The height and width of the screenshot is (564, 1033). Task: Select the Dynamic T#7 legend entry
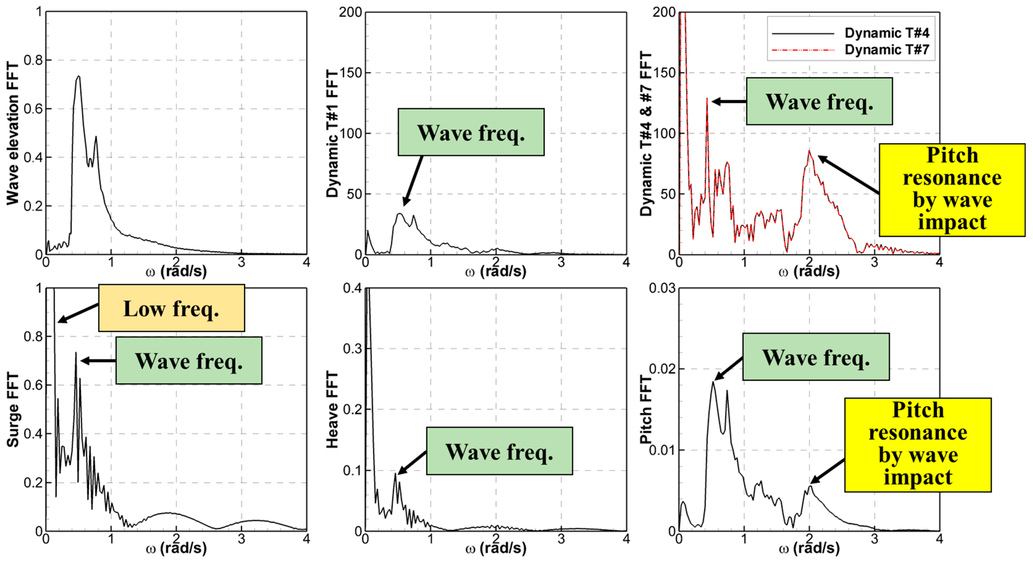pyautogui.click(x=886, y=50)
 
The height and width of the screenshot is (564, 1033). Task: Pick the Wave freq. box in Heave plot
pyautogui.click(x=499, y=451)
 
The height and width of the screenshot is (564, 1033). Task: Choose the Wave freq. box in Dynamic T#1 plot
pyautogui.click(x=471, y=132)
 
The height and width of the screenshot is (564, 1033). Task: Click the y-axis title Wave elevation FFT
pyautogui.click(x=13, y=134)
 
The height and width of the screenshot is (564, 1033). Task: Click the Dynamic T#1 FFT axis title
pyautogui.click(x=332, y=134)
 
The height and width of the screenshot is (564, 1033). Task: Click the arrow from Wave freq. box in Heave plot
pyautogui.click(x=412, y=462)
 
